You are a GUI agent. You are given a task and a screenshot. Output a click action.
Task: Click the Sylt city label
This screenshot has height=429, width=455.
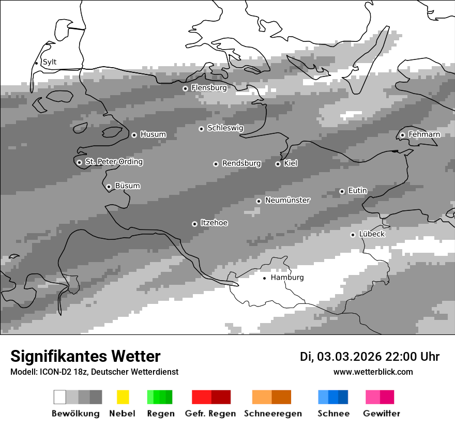[50, 62]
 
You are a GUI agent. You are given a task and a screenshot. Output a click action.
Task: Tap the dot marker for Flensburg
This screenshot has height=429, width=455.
[185, 88]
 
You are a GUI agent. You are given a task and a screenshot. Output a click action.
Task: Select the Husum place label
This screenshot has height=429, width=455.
[153, 134]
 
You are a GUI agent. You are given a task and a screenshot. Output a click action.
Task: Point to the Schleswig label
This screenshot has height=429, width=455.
[225, 128]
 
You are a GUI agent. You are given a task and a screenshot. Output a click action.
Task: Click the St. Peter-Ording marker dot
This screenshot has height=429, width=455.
[79, 162]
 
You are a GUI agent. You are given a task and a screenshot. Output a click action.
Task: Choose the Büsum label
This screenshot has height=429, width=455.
[127, 186]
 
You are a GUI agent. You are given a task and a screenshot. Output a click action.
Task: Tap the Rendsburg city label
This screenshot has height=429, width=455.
[241, 163]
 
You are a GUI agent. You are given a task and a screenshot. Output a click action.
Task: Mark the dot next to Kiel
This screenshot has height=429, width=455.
[278, 164]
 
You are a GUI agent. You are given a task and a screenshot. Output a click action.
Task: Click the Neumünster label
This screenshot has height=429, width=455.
[287, 200]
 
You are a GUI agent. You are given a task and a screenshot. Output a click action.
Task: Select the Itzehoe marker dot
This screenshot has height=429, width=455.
[194, 224]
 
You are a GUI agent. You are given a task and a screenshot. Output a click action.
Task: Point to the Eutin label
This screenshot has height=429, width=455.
[357, 191]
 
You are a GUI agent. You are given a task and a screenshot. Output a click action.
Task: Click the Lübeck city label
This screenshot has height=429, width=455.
[372, 234]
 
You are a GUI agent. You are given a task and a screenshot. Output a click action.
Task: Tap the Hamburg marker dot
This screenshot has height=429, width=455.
[264, 278]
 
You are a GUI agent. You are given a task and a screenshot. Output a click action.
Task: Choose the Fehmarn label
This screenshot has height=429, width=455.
[424, 134]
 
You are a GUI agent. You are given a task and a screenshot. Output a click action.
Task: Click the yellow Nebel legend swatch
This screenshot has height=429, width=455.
[123, 397]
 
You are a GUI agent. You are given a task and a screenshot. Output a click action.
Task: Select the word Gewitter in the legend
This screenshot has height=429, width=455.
[382, 413]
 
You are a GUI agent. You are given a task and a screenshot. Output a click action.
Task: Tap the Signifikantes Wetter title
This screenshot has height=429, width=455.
[85, 357]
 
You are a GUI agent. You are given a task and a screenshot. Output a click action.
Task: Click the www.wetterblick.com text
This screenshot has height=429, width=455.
[373, 372]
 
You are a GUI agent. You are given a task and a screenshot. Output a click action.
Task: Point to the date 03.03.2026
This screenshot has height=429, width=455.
[349, 357]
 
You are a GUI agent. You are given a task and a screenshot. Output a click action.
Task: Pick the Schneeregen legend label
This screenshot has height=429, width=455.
[273, 413]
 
